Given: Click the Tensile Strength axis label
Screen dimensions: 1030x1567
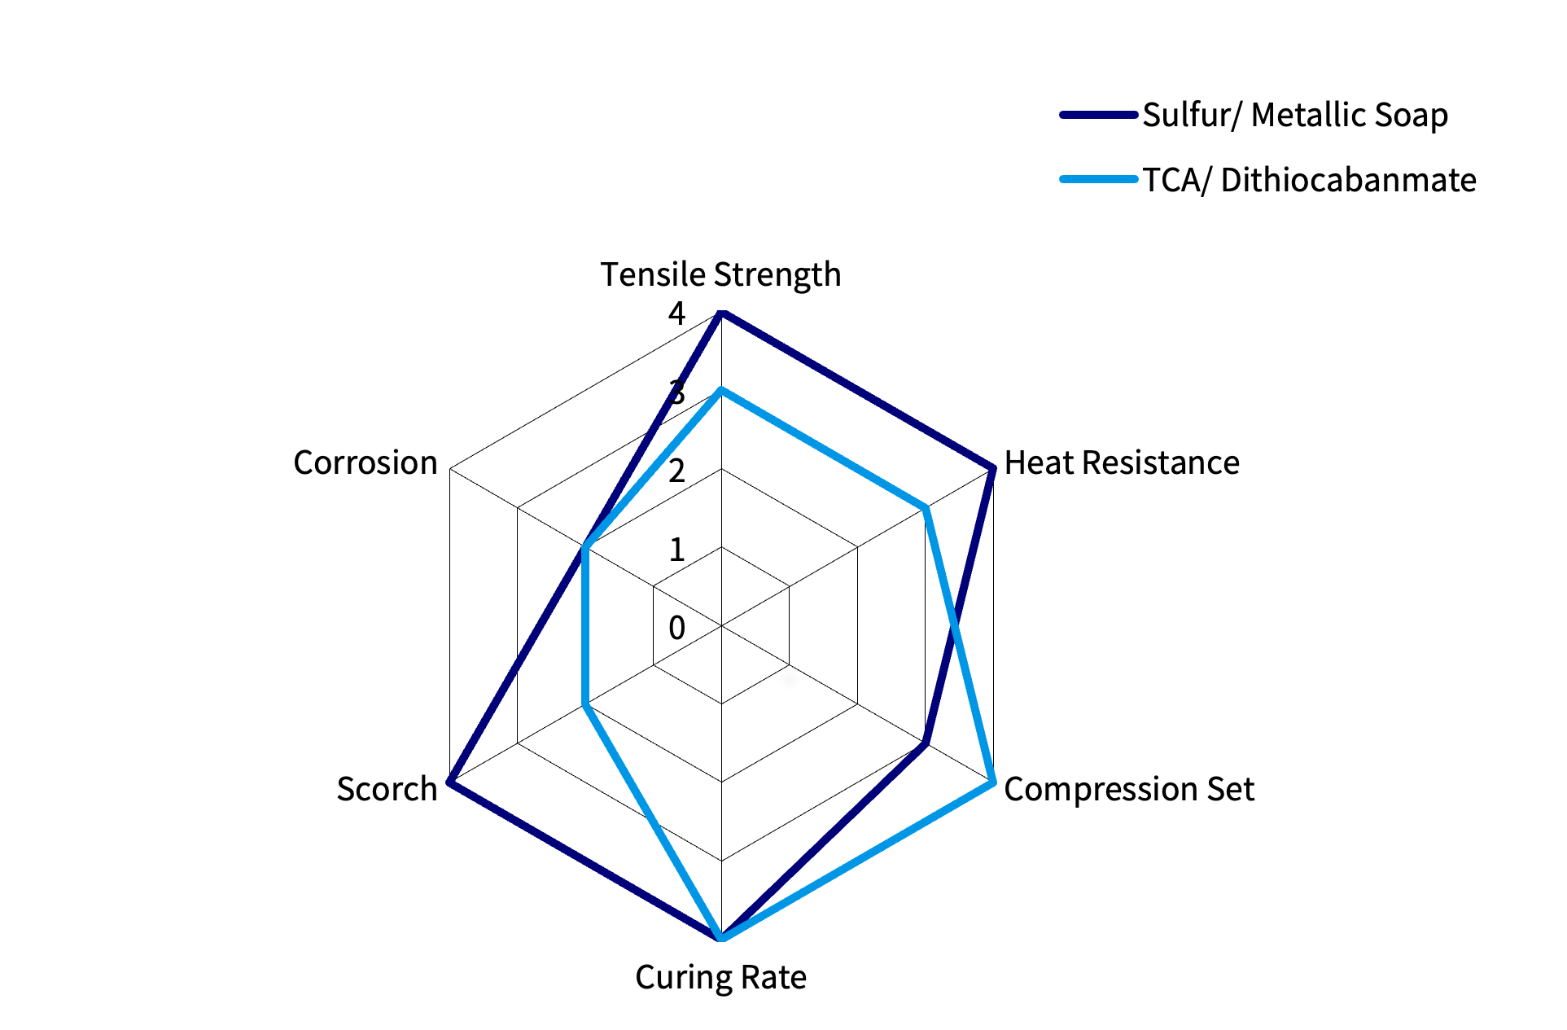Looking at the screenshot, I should (720, 275).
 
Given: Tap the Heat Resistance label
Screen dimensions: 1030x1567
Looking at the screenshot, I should (1121, 462).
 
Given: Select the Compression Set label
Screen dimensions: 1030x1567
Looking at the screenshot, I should (1128, 789).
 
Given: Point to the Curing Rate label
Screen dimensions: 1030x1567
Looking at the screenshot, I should (720, 977).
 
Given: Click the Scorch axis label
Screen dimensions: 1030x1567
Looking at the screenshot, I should (387, 789).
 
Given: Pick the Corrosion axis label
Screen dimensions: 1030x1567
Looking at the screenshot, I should (365, 462).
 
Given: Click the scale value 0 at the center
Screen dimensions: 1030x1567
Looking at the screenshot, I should (676, 628).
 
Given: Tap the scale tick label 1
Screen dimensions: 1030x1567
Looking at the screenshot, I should (676, 550).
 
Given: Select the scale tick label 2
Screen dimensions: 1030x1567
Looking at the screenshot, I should (676, 471).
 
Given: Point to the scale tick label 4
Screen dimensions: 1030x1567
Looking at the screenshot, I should (676, 313).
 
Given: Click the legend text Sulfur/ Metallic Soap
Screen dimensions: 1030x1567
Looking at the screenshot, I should (1294, 115).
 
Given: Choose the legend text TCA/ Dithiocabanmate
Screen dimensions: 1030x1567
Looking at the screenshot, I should (1309, 180).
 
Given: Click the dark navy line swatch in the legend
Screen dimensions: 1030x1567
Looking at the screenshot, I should (1097, 115).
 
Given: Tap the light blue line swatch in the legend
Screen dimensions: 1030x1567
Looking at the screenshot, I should (1097, 179).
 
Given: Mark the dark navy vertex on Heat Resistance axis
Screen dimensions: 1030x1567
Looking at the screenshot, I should (992, 469).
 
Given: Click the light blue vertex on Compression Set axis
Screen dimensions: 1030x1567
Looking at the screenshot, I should (992, 782).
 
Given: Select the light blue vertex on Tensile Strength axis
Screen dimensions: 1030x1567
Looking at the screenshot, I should (721, 392).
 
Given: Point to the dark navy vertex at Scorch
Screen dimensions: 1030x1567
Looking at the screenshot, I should (450, 782).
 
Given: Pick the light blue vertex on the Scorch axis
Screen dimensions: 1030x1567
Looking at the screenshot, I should (585, 704).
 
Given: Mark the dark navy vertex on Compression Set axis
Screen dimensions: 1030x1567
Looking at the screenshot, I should (925, 743).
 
